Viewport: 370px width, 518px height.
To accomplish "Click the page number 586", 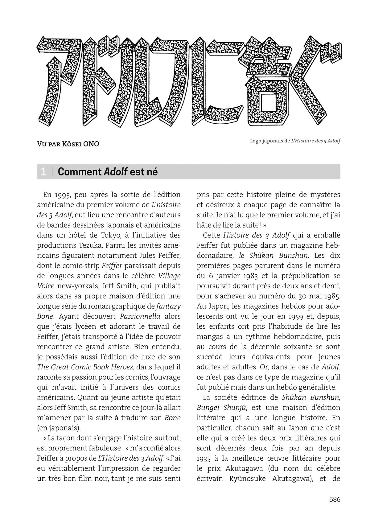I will tap(334, 499).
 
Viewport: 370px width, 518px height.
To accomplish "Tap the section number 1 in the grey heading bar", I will tap(43, 172).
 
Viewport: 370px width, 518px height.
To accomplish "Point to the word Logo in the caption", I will tap(256, 141).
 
